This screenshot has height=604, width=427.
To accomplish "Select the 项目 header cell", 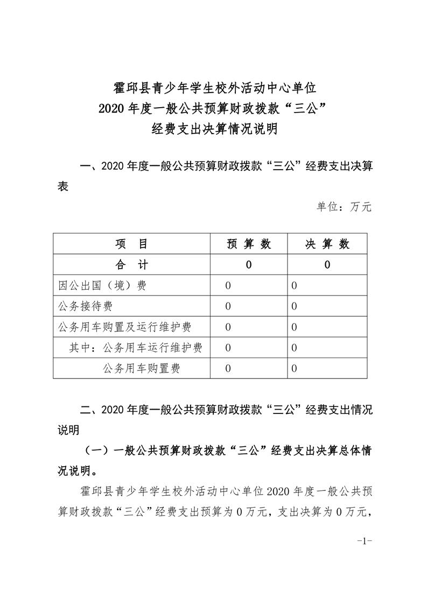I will point(131,244).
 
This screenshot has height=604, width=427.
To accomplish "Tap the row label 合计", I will point(131,265).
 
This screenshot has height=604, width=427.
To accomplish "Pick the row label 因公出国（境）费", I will point(102,286).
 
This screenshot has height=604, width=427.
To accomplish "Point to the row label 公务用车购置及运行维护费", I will point(125,327).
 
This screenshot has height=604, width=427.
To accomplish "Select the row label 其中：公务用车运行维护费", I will point(136,348).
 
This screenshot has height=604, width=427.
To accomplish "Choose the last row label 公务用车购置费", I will point(141,369).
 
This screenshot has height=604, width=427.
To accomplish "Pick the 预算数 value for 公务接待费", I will point(228,306).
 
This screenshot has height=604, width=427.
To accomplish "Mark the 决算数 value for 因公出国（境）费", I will point(294,286).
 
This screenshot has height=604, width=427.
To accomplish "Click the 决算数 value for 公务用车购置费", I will point(294,369).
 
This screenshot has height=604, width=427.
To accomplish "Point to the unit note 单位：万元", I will point(344,207).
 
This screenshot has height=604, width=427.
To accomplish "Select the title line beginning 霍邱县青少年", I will point(214,87).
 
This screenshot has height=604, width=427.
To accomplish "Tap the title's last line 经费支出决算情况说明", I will point(214,129).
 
